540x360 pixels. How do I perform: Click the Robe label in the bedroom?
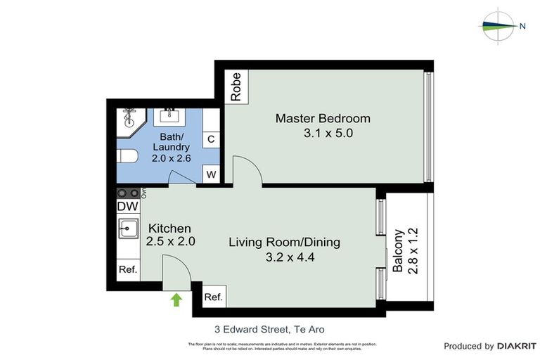pyautogui.click(x=236, y=87)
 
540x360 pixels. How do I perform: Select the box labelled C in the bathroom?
pyautogui.click(x=211, y=139)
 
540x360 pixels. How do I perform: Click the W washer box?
pyautogui.click(x=211, y=173)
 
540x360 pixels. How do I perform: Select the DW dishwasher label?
pyautogui.click(x=127, y=207)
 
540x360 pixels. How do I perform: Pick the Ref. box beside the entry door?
pyautogui.click(x=213, y=297)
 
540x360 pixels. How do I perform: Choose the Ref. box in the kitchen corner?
pyautogui.click(x=127, y=269)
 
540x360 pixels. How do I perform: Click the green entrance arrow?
pyautogui.click(x=176, y=300)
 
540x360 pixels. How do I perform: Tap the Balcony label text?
pyautogui.click(x=398, y=251)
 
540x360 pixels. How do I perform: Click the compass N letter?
pyautogui.click(x=522, y=27)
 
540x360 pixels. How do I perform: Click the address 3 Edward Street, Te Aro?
pyautogui.click(x=269, y=328)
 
